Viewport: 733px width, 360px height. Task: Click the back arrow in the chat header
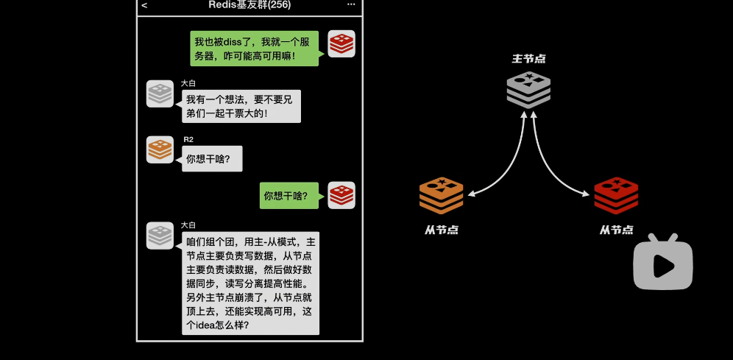click(144, 5)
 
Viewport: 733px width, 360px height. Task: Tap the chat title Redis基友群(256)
click(249, 5)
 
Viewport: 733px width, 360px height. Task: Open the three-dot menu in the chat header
click(351, 5)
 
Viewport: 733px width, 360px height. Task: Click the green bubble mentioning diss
click(254, 49)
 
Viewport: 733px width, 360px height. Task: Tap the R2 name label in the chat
click(188, 139)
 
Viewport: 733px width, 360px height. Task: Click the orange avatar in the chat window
click(160, 150)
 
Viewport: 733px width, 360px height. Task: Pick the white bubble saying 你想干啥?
click(212, 159)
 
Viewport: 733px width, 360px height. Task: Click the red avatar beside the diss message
click(341, 44)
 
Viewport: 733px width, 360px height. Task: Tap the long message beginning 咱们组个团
click(250, 283)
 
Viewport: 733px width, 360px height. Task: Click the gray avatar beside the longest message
click(160, 236)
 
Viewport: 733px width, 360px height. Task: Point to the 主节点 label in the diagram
click(528, 58)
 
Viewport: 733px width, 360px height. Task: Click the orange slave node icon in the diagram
click(442, 197)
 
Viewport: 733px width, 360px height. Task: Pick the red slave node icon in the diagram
click(616, 197)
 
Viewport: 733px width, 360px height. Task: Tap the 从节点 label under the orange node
click(442, 230)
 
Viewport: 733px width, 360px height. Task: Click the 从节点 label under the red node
click(616, 230)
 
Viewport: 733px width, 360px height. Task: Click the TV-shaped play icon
click(663, 263)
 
